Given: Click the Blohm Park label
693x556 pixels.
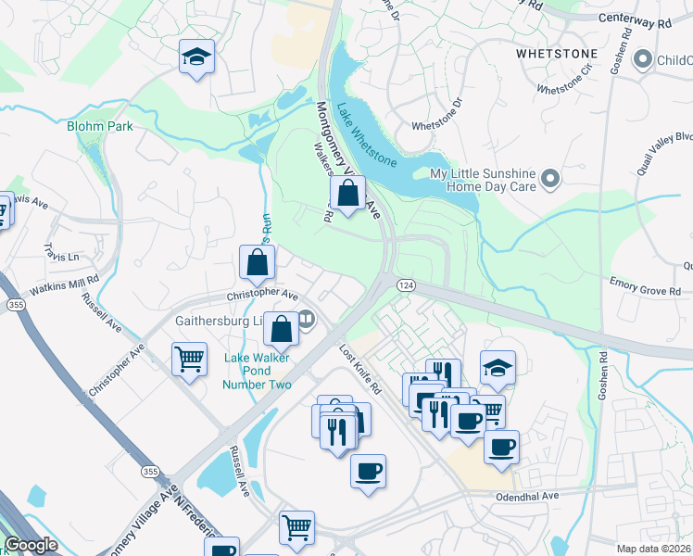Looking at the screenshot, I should coord(99,126).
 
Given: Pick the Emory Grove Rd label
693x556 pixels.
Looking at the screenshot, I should coord(645,288).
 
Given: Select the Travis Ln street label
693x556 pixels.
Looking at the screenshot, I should coord(62,252).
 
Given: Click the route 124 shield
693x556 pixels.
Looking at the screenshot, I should coord(405,284).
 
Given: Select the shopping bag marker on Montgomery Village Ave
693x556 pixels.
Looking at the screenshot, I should coord(347,194).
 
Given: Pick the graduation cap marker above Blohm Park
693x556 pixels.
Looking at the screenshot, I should coord(196,57).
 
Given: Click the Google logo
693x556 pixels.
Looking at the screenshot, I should coord(31,545).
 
